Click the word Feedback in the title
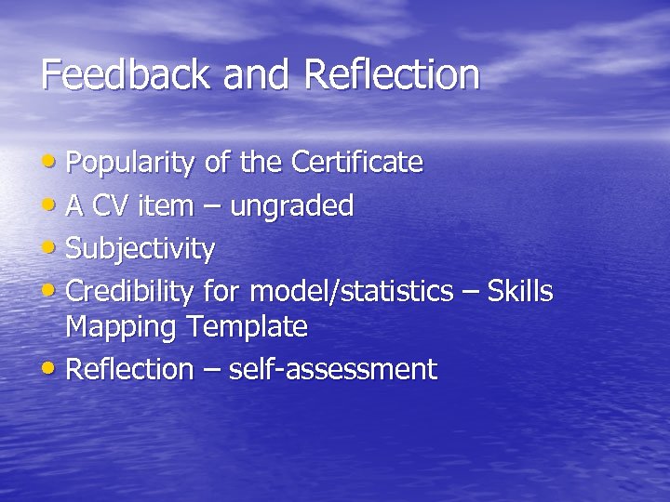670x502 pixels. click(x=126, y=74)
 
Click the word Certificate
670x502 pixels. click(x=357, y=164)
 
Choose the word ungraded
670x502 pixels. click(x=291, y=206)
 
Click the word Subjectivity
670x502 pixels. click(x=141, y=249)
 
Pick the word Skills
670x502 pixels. click(x=520, y=292)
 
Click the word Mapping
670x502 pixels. click(x=121, y=327)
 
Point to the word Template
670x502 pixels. click(x=247, y=327)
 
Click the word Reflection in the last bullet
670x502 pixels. click(x=129, y=370)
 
